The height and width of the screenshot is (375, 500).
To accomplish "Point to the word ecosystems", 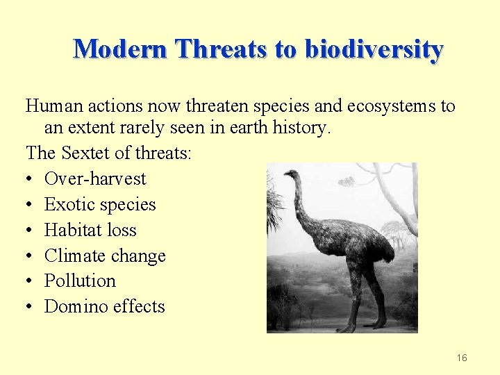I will pyautogui.click(x=392, y=106).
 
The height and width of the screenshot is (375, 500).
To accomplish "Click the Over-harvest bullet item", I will pyautogui.click(x=95, y=178).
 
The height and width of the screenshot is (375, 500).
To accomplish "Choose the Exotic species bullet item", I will pyautogui.click(x=100, y=204).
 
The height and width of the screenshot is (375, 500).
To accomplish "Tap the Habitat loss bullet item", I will pyautogui.click(x=90, y=230).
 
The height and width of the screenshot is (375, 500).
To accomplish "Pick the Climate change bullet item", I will pyautogui.click(x=105, y=256).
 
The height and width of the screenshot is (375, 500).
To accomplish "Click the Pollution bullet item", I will pyautogui.click(x=80, y=281).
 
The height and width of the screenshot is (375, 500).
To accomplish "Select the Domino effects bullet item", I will pyautogui.click(x=104, y=306).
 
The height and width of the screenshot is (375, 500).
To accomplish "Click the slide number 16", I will pyautogui.click(x=462, y=358).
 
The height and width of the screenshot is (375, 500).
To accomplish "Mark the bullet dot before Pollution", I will pyautogui.click(x=31, y=281).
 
